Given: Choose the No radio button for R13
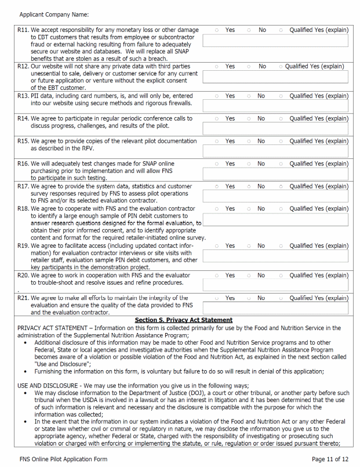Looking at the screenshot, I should point(249,96).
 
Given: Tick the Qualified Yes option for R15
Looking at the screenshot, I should point(281,142).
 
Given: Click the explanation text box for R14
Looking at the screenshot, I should point(275,128).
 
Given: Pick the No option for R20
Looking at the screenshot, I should point(249,276).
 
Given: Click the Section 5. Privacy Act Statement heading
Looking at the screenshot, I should point(183,320).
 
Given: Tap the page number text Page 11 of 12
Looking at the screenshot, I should point(330,459).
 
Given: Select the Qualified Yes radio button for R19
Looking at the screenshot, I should point(281,246).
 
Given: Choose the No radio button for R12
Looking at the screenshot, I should point(249,67).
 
